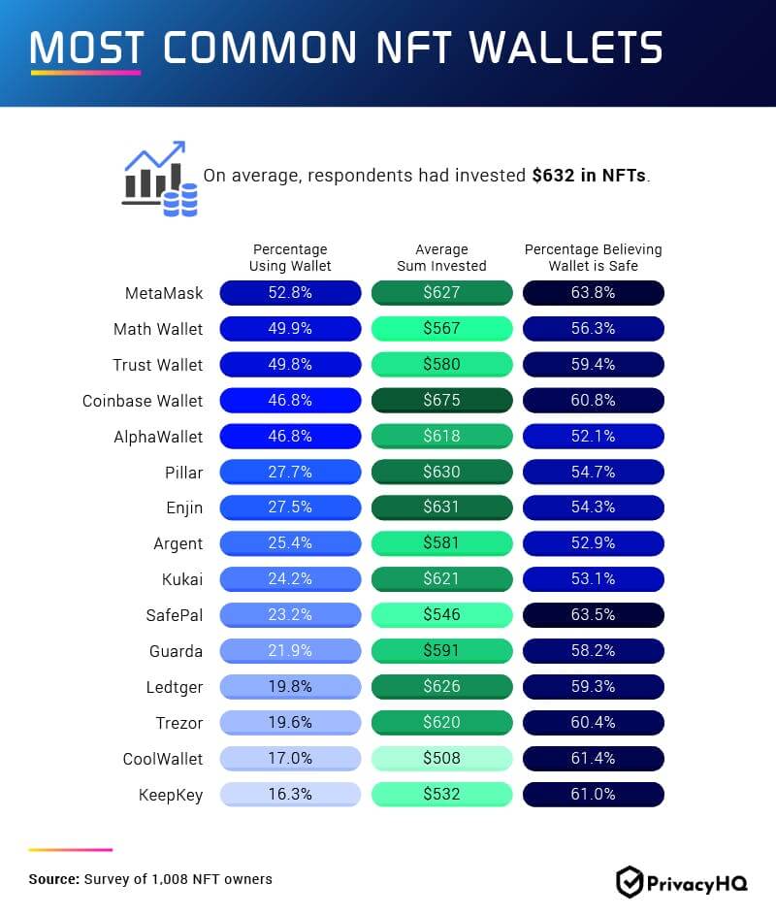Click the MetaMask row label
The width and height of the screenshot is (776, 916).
coord(164,293)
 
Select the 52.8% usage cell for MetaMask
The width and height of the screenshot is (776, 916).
coord(290,293)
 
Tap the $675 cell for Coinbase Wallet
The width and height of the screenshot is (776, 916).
coord(441,401)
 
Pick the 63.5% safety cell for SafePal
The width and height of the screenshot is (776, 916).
coord(594,614)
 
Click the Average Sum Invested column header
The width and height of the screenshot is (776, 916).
coord(441,257)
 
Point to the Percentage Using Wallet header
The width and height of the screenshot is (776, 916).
coord(290,257)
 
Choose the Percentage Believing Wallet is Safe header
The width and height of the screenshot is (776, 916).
coord(594,257)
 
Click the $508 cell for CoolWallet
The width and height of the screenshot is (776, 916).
coord(441,758)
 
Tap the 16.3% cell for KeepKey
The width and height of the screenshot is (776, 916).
coord(290,794)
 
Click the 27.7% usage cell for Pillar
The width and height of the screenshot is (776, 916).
coord(290,472)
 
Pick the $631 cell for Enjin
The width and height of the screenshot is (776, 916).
coord(441,507)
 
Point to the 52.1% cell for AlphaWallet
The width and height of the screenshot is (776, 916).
coord(594,437)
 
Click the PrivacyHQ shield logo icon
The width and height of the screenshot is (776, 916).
coord(630,881)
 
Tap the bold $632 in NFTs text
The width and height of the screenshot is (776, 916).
coord(589,177)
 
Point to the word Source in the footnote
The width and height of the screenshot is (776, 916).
coord(52,879)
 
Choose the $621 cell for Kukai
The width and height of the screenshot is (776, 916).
coord(441,579)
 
